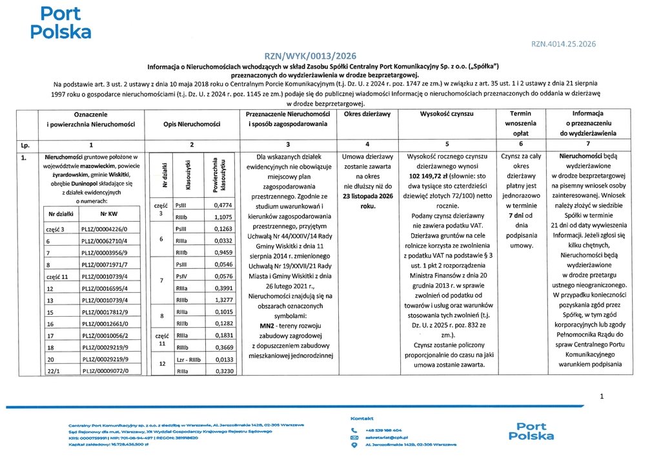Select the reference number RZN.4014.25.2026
point(564,45)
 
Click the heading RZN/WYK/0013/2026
point(310,56)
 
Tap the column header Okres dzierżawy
point(367,114)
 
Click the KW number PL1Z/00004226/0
point(105,229)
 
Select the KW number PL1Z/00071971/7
point(105,264)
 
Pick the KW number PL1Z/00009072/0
point(105,370)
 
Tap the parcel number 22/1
point(53,370)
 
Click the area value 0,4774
point(222,205)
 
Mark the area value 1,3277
point(222,301)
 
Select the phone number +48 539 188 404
point(383,430)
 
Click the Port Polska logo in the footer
point(531,431)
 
